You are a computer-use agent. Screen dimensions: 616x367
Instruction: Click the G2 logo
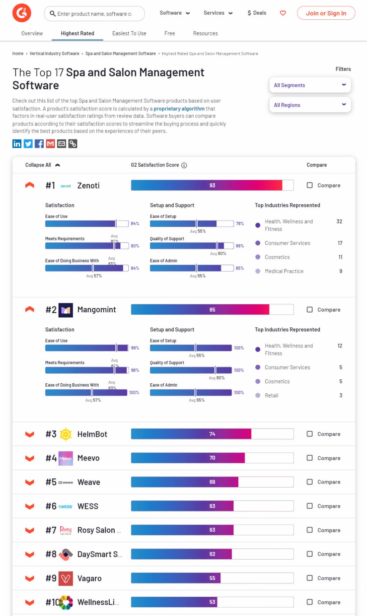(22, 13)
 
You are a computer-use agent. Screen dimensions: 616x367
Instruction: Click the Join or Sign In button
(326, 13)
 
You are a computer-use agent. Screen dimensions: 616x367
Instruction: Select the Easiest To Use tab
(129, 33)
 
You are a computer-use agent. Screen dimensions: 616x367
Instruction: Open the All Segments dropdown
(310, 85)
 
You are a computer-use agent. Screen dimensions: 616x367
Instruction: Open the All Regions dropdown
(310, 105)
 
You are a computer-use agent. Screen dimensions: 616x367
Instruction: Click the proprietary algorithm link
(179, 109)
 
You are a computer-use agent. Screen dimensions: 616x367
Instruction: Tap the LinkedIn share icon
(17, 144)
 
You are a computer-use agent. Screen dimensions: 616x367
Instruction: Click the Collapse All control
(42, 165)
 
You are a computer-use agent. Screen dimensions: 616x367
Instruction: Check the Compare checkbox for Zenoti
(310, 185)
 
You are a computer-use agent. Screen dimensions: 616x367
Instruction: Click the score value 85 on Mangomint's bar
(212, 310)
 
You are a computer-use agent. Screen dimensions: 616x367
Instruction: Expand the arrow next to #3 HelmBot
(30, 434)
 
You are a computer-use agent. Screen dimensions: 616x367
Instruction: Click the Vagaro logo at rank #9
(66, 578)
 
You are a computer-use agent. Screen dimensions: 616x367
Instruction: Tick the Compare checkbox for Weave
(310, 482)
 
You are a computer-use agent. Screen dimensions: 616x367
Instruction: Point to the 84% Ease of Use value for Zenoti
(135, 224)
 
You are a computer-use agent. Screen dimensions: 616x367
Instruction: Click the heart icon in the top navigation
(283, 13)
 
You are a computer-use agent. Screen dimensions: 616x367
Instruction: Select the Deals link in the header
(257, 13)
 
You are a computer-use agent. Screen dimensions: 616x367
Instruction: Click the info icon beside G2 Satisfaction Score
(184, 165)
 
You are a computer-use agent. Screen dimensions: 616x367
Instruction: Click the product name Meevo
(88, 458)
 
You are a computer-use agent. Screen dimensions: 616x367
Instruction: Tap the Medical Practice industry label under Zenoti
(284, 271)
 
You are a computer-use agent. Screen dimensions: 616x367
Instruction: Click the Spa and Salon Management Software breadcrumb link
(120, 54)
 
